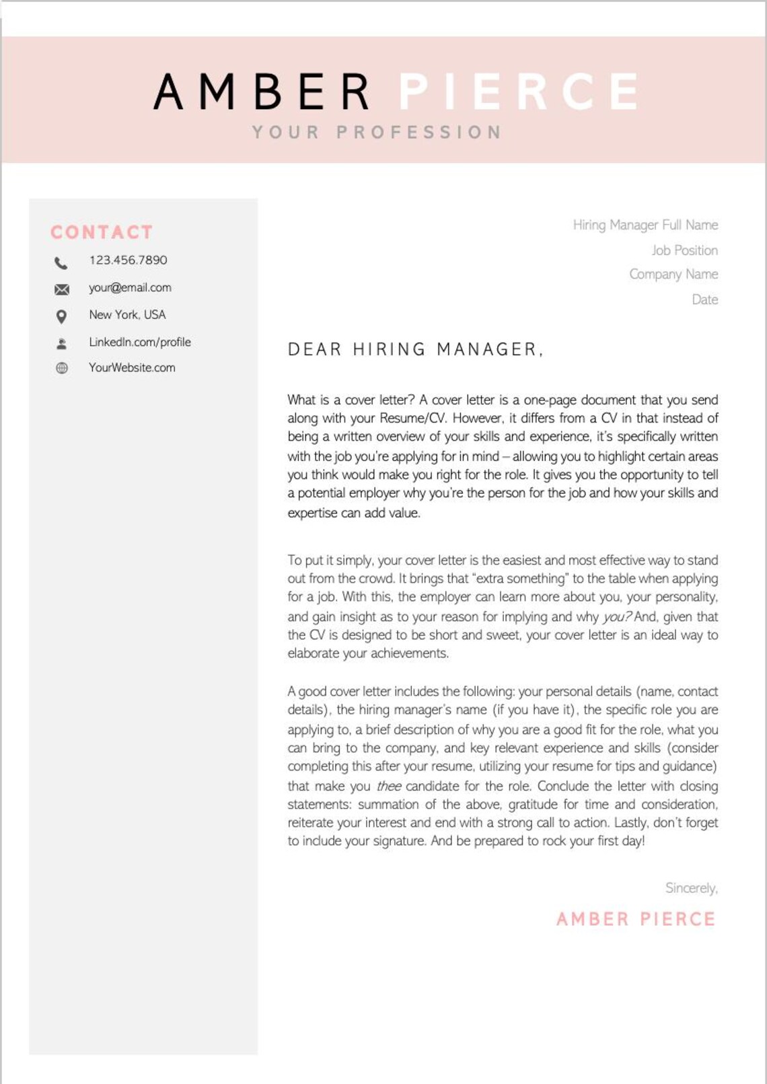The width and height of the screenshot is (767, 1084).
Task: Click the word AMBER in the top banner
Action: [262, 92]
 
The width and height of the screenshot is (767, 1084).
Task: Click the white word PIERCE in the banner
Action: [519, 92]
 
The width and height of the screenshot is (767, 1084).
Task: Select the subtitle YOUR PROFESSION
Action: [377, 133]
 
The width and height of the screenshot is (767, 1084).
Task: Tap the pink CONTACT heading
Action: [102, 232]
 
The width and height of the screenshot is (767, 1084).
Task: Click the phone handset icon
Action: [61, 262]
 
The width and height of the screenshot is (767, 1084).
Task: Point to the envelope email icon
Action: [62, 289]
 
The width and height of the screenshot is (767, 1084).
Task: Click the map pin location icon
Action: [61, 316]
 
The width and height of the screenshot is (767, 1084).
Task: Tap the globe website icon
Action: [62, 368]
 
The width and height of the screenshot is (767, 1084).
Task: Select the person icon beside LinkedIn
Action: [62, 344]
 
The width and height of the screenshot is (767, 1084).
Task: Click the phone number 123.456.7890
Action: [128, 260]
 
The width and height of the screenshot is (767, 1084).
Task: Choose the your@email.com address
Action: [130, 288]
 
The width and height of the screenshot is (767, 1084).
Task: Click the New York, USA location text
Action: [127, 315]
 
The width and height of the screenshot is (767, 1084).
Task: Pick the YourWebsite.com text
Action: [132, 368]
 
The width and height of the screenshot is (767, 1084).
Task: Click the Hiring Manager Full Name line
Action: [645, 225]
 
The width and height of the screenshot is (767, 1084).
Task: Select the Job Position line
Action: [684, 250]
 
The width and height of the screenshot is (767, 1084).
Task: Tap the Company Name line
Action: [673, 275]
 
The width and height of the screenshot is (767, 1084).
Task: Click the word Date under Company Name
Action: [704, 299]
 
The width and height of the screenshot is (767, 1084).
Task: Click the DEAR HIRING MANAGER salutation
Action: [415, 350]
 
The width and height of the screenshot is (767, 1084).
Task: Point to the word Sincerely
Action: [691, 888]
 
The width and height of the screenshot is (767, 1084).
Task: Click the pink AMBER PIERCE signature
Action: [636, 919]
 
